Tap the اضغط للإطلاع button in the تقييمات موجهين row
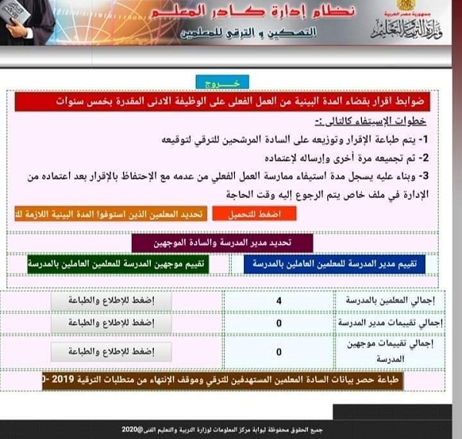pos(112,352)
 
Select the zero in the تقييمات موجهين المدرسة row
pos(278,352)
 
